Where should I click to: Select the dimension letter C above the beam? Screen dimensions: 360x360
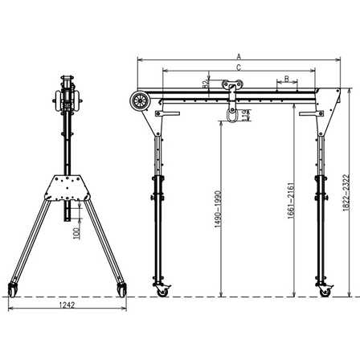coord(238,68)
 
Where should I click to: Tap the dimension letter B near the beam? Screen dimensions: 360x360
coord(285,79)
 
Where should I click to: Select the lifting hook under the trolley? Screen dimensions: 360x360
coord(233,115)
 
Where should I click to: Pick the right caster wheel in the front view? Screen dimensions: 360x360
coord(324,290)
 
